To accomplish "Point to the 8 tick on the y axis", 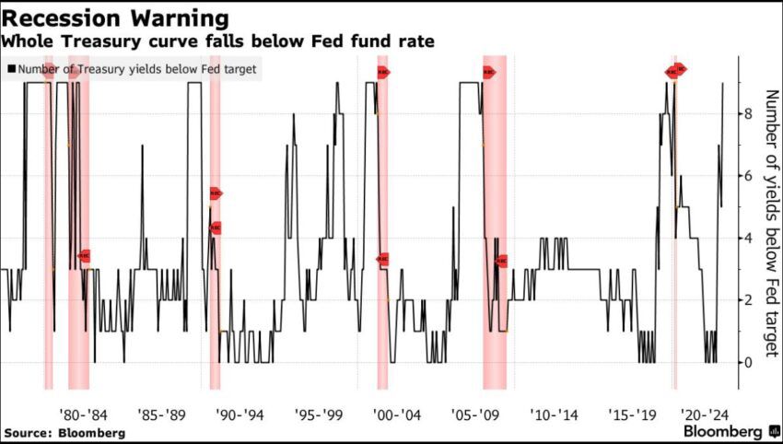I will coord(749,114).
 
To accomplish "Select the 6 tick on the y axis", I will coord(749,176).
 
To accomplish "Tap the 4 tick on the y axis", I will coord(749,238).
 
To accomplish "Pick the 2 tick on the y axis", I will coord(749,300).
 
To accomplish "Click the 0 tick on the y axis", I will coord(749,362).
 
